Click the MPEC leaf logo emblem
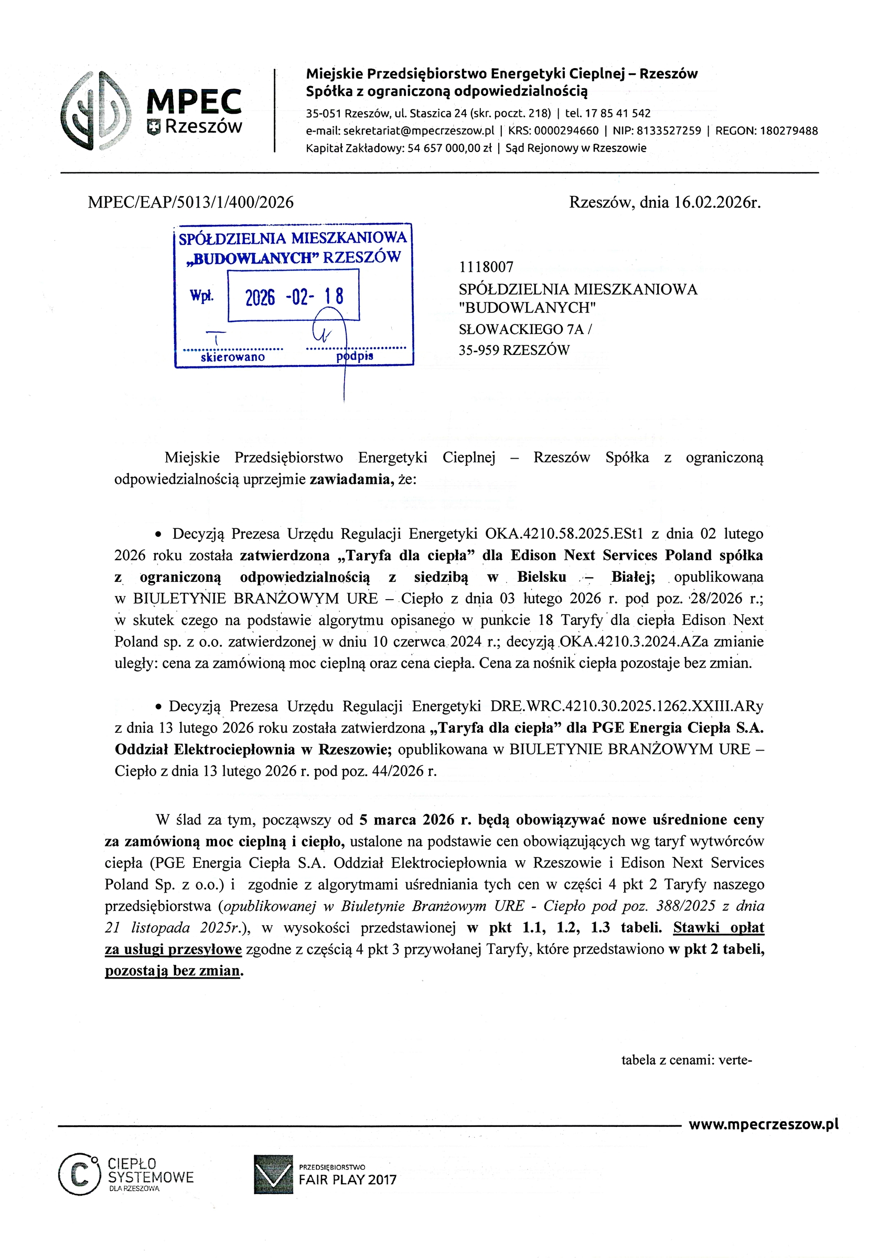(96, 110)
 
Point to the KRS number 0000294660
(566, 131)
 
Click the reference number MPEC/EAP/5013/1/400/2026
(190, 203)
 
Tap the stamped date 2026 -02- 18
(294, 297)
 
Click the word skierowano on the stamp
(232, 357)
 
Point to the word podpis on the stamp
(355, 356)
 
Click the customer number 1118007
(486, 267)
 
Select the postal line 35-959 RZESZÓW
(514, 350)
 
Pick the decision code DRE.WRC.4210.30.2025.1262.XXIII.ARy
(626, 706)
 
